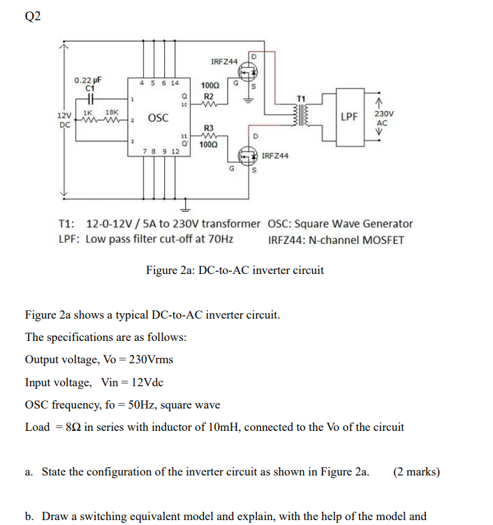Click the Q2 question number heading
click(x=33, y=17)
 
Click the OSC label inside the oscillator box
click(x=158, y=119)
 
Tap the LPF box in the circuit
click(x=351, y=116)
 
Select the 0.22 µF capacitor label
click(x=88, y=80)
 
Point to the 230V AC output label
click(x=383, y=118)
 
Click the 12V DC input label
click(x=64, y=119)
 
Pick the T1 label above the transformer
click(x=301, y=99)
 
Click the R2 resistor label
click(x=208, y=96)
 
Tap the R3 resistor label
click(x=207, y=128)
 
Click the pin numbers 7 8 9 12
click(x=161, y=151)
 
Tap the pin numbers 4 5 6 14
click(x=160, y=83)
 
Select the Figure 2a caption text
click(x=235, y=271)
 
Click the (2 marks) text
click(x=417, y=472)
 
